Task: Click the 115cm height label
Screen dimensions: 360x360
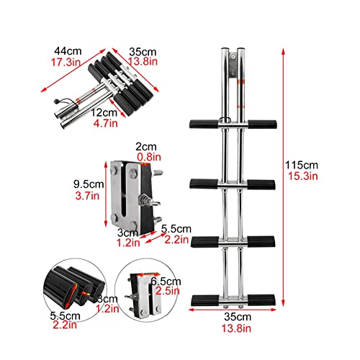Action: click(302, 165)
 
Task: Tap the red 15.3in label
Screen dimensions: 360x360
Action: click(303, 176)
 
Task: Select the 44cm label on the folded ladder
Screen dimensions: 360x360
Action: click(68, 51)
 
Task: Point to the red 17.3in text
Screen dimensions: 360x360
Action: click(66, 63)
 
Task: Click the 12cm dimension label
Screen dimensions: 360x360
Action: click(104, 112)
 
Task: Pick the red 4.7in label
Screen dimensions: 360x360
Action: click(106, 123)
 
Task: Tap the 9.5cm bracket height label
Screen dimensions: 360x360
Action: click(89, 184)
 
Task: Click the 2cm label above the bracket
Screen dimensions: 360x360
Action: click(146, 147)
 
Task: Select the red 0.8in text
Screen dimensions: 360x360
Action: click(149, 157)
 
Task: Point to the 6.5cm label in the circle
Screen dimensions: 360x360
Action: click(166, 282)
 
